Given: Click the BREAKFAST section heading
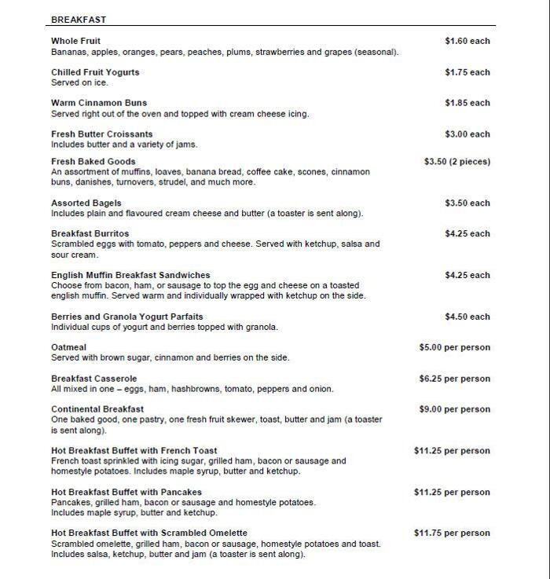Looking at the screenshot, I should coord(79,20).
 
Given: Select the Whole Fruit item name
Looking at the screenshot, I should coord(75,41).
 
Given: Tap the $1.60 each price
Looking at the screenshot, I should coord(467,41).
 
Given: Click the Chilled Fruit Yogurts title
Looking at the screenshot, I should coord(95,72).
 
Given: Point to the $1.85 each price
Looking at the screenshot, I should coord(467,103).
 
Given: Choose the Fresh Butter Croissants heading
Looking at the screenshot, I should coord(101,134).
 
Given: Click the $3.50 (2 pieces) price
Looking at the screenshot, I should coord(456,162).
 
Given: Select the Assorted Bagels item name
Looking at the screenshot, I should coord(86,203).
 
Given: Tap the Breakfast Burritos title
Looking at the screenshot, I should coord(90,234).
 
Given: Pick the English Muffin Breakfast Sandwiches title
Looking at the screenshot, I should coord(130,276).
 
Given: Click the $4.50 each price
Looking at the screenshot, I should coord(467,317).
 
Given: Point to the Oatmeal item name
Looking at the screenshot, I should coord(68,347).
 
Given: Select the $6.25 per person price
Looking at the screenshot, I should coord(454,379).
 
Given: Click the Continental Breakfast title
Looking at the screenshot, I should coord(97,409).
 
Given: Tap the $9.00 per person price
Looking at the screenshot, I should coord(454,409).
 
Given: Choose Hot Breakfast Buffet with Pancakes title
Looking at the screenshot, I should coord(126,493).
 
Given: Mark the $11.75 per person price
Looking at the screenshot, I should coord(452,533).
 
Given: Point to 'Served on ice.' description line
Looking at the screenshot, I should coord(79,82).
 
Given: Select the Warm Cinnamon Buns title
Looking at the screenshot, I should coord(99,103).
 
